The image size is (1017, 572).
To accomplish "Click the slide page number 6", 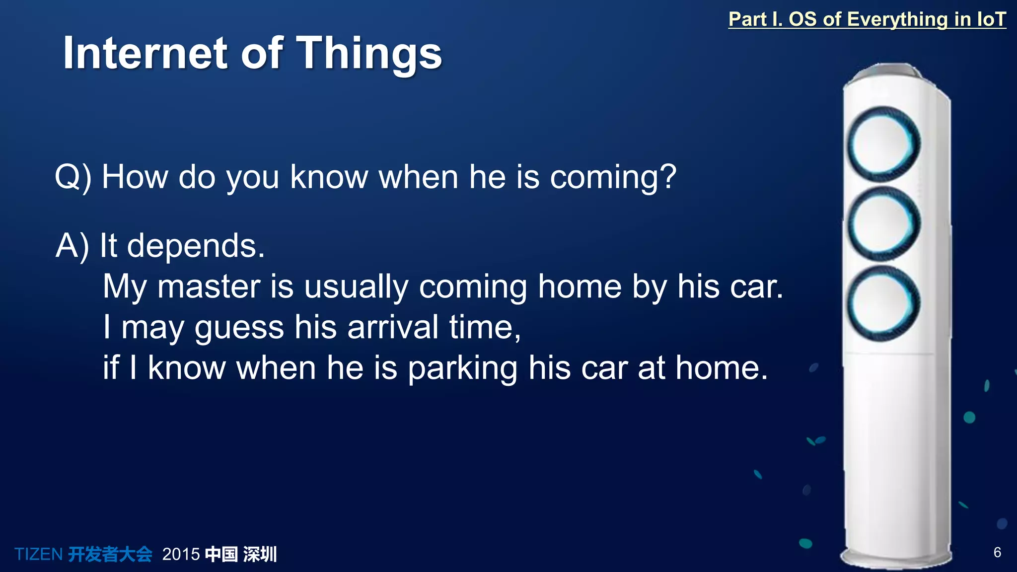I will [997, 552].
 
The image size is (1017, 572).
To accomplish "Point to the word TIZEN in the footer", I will [38, 554].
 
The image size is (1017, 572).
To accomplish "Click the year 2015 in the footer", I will [181, 554].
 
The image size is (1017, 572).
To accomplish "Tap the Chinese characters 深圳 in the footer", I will [260, 554].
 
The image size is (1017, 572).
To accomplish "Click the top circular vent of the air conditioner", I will [883, 144].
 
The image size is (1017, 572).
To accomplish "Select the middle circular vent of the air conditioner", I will [883, 224].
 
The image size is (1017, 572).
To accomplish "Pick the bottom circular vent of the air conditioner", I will [883, 303].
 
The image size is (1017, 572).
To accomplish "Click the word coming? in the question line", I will [613, 177].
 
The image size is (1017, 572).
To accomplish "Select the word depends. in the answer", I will [196, 246].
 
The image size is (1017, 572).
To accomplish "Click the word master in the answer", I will [209, 287].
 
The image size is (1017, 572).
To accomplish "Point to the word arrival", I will [392, 328].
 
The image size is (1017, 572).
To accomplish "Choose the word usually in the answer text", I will [356, 287].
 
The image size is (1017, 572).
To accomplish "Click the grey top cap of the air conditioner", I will [889, 71].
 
